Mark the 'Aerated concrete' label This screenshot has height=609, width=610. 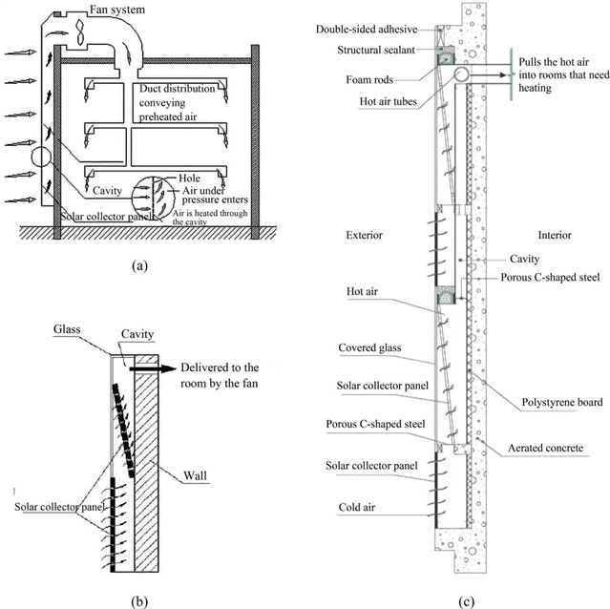[x=541, y=447]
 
